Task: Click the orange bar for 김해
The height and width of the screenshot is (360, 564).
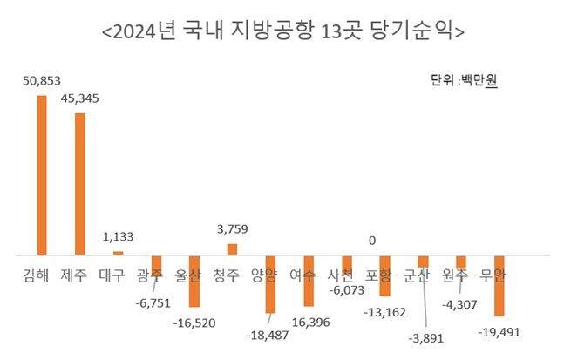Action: point(41,174)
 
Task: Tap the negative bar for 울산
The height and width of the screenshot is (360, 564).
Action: point(194,281)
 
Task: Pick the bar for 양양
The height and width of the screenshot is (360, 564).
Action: point(270,284)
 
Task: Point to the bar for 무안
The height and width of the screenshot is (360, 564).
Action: point(499,286)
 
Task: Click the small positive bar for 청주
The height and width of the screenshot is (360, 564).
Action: point(232,249)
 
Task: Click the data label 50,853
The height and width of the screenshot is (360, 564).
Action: point(41,79)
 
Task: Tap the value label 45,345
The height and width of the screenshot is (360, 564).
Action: point(80,98)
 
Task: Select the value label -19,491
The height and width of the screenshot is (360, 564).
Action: point(500,331)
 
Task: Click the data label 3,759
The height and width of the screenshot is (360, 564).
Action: point(233,230)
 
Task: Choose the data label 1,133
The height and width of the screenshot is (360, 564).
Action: point(118,235)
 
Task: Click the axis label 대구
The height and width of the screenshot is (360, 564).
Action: point(112,275)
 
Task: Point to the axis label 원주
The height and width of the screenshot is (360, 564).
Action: point(455,275)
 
